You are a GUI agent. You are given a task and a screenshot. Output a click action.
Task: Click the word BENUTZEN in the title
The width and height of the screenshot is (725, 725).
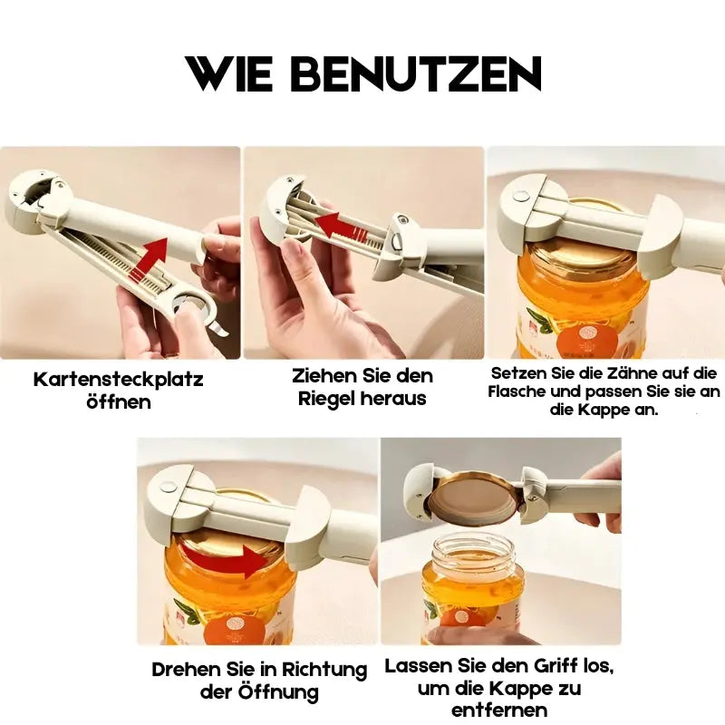(x=417, y=74)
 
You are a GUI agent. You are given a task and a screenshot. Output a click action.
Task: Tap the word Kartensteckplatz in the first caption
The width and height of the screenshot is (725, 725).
(x=118, y=379)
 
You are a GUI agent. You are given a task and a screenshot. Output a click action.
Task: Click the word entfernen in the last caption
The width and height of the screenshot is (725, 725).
(x=498, y=710)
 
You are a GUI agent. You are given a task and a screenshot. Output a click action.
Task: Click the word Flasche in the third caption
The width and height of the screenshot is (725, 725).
(x=520, y=391)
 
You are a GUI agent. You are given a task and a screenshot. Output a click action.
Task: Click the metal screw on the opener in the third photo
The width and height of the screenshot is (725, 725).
(x=523, y=195)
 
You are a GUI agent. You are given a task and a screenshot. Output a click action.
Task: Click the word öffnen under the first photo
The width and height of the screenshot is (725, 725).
(x=118, y=401)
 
